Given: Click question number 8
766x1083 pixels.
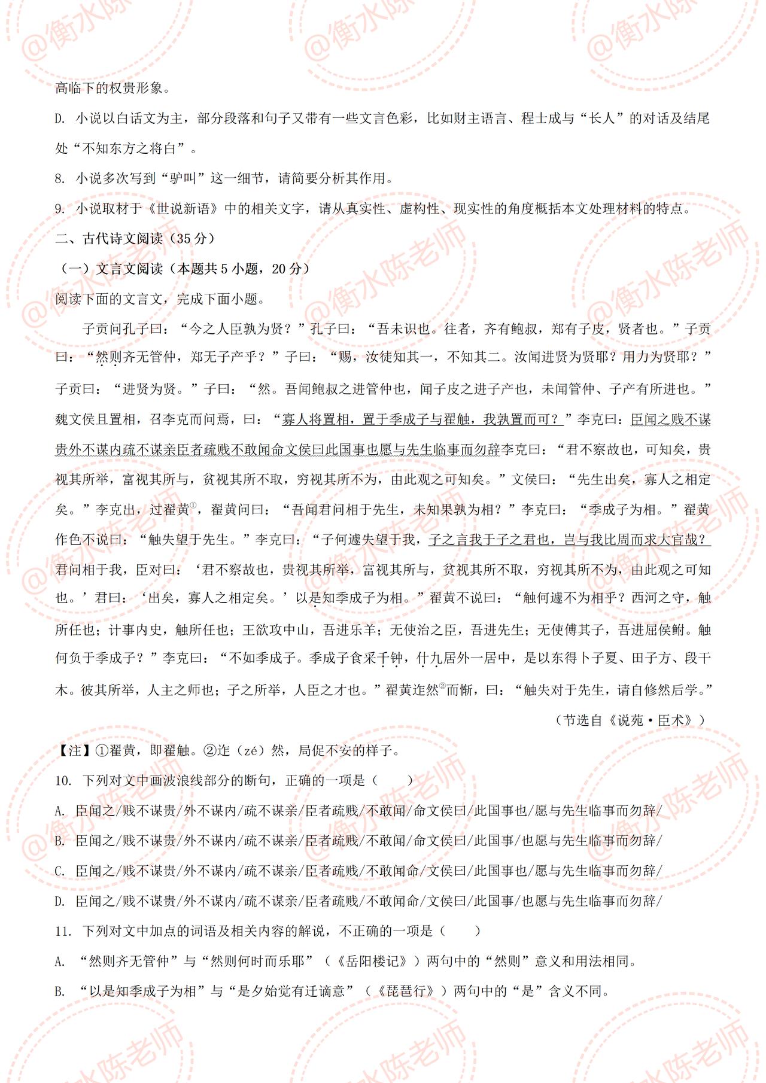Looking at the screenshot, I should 60,179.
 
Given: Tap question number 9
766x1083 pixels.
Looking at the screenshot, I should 60,209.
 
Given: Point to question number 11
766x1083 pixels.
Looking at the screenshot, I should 63,931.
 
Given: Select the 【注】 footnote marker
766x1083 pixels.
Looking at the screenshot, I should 69,750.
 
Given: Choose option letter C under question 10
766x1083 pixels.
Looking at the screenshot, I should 59,871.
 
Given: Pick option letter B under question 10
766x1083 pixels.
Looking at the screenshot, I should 59,841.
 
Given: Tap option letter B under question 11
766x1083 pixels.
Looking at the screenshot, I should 59,991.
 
